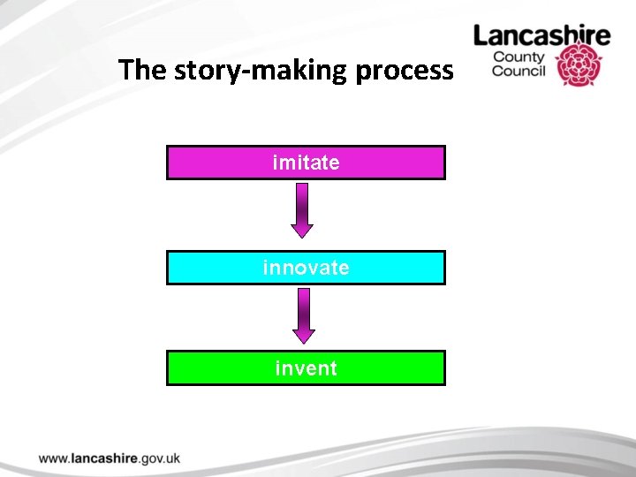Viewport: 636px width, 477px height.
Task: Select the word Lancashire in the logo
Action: coord(541,36)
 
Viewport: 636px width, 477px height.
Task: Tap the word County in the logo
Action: coord(519,57)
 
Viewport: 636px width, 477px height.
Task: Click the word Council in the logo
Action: coord(519,72)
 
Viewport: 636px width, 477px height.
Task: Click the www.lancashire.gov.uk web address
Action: coord(110,458)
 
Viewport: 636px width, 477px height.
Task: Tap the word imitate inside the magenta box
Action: coord(306,163)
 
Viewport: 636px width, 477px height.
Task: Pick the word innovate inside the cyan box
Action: coord(306,268)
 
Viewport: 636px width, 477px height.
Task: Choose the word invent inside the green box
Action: coord(306,367)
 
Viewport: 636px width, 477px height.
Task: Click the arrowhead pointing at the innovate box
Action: coord(303,230)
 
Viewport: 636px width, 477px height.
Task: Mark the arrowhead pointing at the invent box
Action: coord(303,335)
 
